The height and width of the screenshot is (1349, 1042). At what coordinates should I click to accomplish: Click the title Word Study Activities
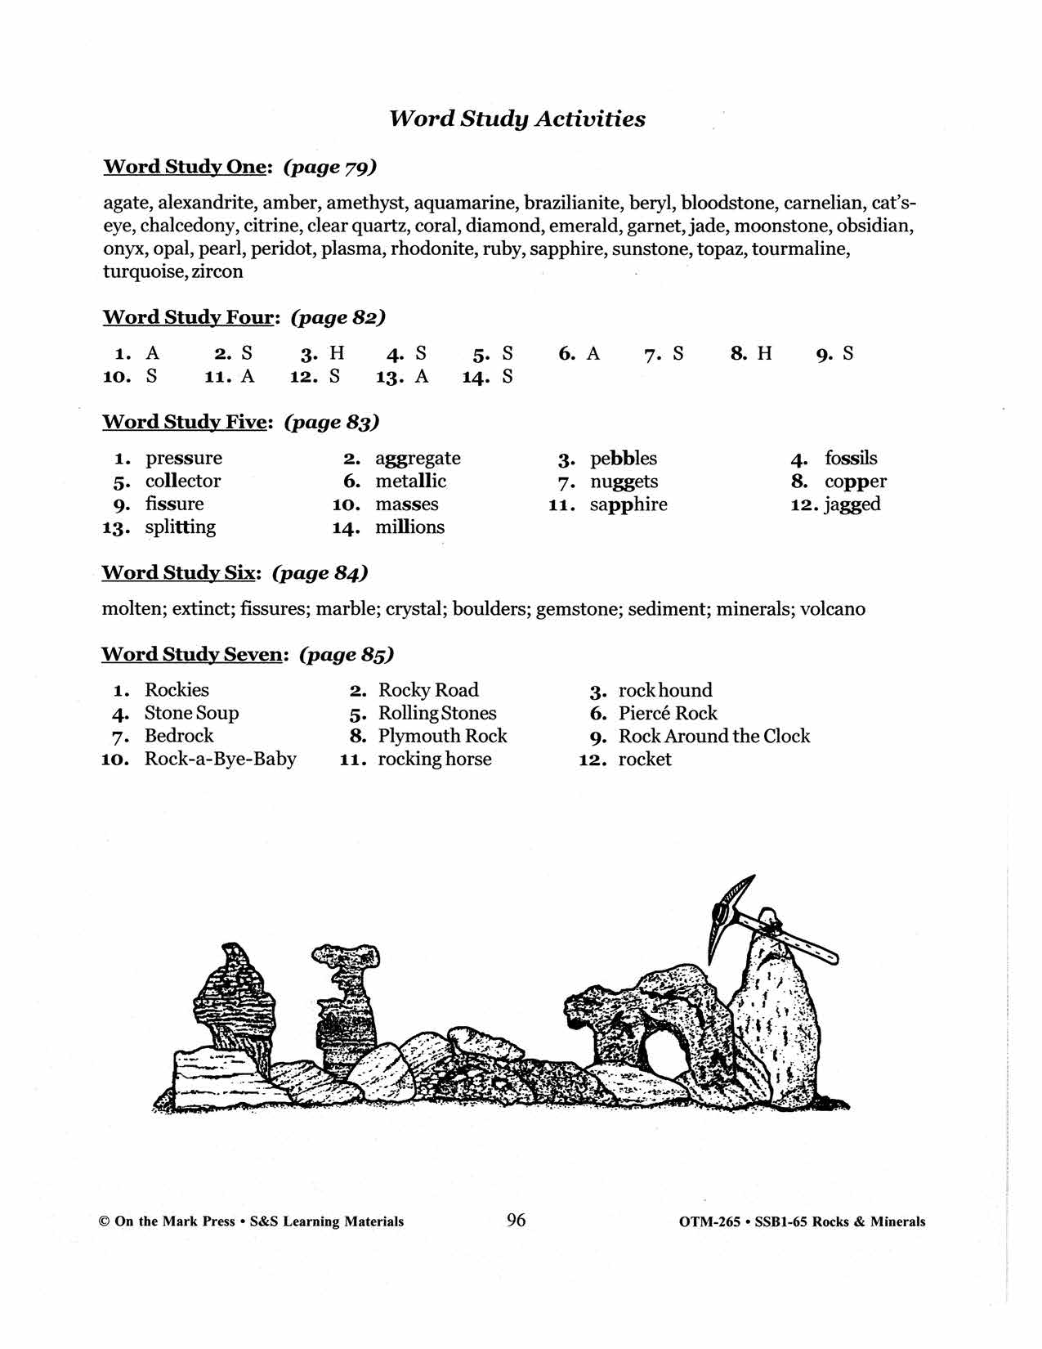(517, 119)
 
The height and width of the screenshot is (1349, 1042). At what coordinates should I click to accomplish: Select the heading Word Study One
(186, 167)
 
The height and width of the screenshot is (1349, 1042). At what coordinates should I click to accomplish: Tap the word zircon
(217, 271)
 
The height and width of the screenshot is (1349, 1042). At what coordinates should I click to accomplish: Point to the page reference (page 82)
(338, 317)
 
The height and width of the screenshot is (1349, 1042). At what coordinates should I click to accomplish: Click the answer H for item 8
(764, 353)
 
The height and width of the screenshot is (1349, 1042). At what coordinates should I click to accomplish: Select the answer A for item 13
(422, 376)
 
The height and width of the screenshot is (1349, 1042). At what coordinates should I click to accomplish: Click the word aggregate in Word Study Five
(418, 458)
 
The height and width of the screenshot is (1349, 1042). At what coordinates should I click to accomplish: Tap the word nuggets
(624, 482)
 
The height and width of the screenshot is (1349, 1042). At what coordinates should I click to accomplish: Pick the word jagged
(852, 504)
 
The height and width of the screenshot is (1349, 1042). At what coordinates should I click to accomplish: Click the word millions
(409, 527)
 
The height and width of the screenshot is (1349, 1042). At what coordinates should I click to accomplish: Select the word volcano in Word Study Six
(832, 609)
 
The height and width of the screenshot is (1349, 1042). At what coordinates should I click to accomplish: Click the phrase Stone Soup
(191, 713)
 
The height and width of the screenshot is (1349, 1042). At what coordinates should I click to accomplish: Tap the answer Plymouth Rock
(442, 736)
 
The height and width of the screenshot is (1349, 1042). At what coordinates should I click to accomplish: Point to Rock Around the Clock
(713, 736)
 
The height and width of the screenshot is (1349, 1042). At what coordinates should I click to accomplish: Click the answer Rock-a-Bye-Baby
(220, 759)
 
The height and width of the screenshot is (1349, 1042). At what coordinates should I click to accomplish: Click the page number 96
(517, 1221)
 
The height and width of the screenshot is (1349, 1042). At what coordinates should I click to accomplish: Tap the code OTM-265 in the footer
(709, 1222)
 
